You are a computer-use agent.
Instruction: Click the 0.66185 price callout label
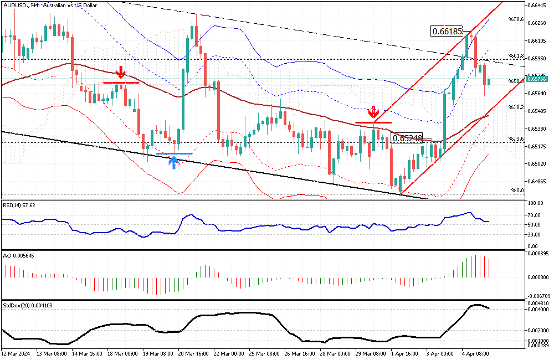(447, 32)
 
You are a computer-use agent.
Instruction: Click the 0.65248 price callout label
(407, 138)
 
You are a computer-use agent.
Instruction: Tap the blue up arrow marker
(174, 162)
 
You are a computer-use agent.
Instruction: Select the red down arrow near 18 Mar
(120, 72)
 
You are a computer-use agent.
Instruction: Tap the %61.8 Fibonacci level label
(516, 56)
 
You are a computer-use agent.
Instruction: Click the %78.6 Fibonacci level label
(516, 19)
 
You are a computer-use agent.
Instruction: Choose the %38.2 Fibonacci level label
(516, 107)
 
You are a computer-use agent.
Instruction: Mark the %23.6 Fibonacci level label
(516, 139)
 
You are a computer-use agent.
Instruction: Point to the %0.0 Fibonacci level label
(517, 191)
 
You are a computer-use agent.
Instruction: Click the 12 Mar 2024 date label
(16, 352)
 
